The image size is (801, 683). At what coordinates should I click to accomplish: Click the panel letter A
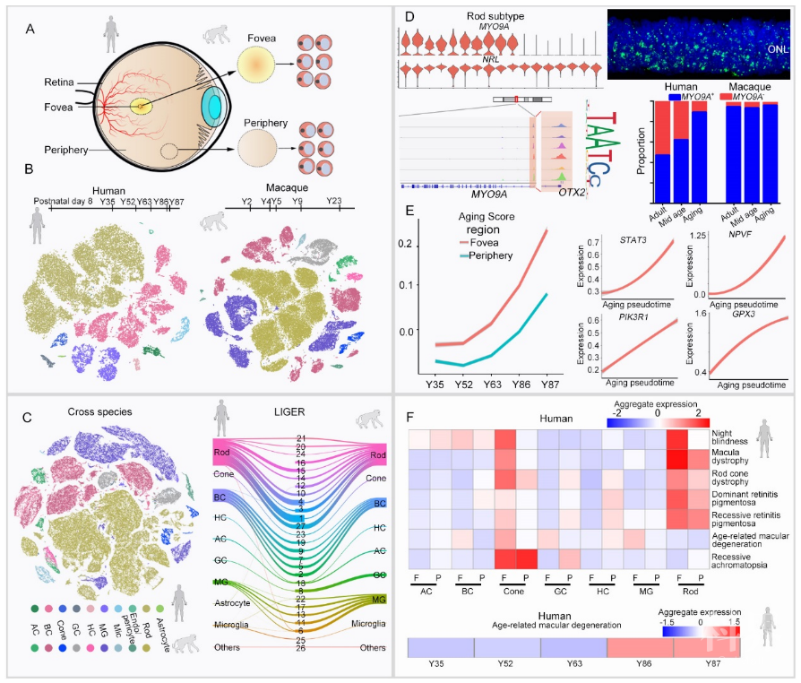click(x=30, y=28)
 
